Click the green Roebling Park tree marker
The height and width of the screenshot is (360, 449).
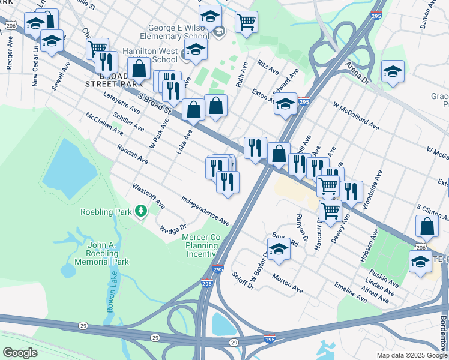tap(141, 211)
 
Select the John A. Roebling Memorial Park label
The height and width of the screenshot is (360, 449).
tap(100, 253)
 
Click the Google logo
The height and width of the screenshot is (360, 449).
tap(20, 352)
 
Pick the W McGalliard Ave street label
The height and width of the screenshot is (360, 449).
tap(357, 116)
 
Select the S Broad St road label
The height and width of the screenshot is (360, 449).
tap(155, 103)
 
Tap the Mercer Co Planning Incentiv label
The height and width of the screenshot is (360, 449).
tap(201, 245)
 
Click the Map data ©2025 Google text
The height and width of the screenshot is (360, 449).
tap(412, 355)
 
